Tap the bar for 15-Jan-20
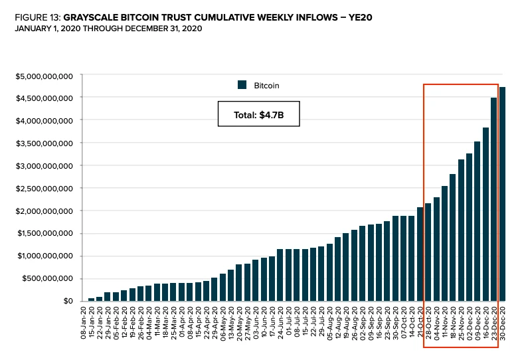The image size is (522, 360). pyautogui.click(x=99, y=299)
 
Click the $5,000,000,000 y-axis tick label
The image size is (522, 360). pyautogui.click(x=44, y=75)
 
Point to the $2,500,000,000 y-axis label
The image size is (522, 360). pyautogui.click(x=44, y=189)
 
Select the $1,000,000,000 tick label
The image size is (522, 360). pyautogui.click(x=44, y=256)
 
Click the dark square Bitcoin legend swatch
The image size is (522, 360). pyautogui.click(x=242, y=85)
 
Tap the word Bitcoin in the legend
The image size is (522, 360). pyautogui.click(x=267, y=85)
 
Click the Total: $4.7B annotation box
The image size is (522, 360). pyautogui.click(x=259, y=115)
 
